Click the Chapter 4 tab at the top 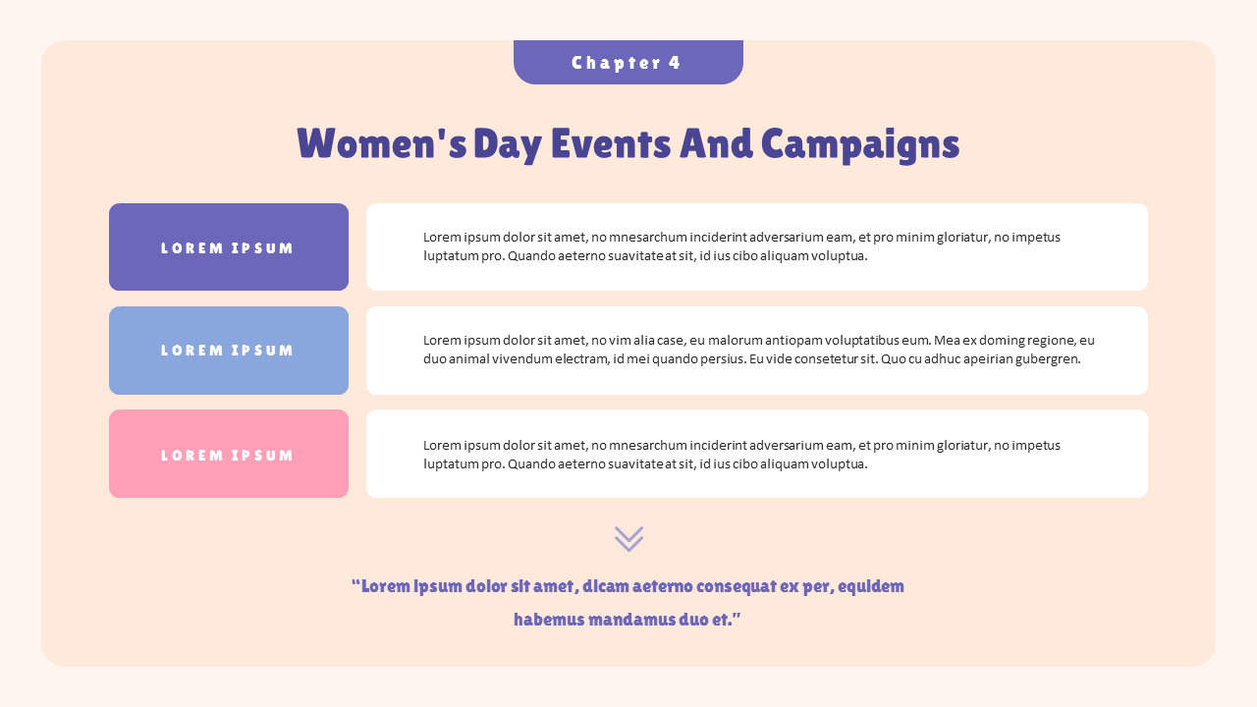pos(628,63)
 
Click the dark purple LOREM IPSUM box pos(229,247)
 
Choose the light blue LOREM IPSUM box pos(229,351)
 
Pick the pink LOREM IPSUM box pos(229,455)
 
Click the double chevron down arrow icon pos(628,538)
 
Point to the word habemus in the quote pos(548,620)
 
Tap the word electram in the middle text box pos(581,359)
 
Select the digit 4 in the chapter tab pos(675,63)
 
